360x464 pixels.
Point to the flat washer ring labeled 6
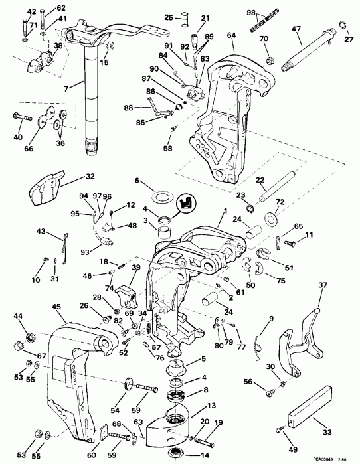click(x=163, y=197)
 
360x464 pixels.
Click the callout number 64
click(x=231, y=35)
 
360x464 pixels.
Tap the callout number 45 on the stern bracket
click(x=57, y=307)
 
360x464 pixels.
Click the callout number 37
click(x=324, y=286)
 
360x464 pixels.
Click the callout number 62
click(x=43, y=8)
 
